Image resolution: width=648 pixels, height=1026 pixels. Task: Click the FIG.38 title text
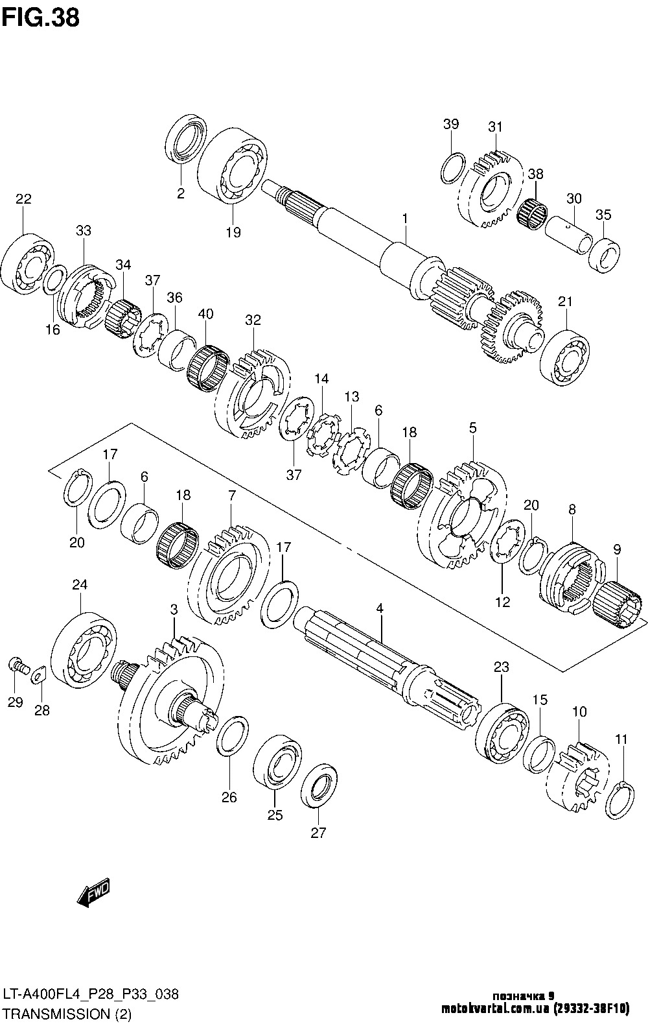click(41, 18)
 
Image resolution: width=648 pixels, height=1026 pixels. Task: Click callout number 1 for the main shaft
click(404, 219)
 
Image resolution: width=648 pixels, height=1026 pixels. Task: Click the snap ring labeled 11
click(619, 800)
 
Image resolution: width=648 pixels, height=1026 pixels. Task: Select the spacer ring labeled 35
click(603, 256)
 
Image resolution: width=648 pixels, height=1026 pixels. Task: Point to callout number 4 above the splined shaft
click(380, 608)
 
